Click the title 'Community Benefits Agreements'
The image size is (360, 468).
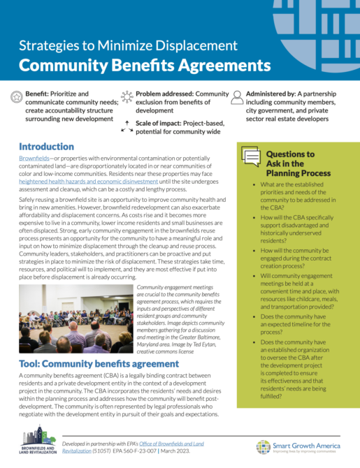(x=144, y=66)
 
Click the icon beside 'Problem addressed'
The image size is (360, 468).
(x=126, y=95)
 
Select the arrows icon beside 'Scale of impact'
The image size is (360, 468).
(x=126, y=125)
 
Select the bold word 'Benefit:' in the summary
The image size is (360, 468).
(x=37, y=93)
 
